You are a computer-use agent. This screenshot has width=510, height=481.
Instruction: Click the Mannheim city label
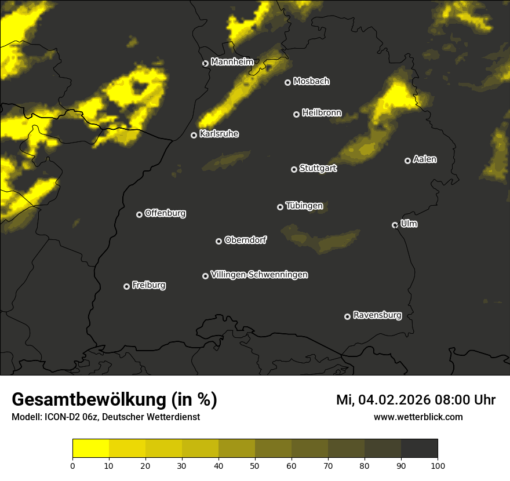click(232, 61)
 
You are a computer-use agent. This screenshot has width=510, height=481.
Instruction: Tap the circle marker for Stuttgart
click(294, 169)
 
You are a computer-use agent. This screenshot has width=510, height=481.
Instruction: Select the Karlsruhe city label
click(218, 134)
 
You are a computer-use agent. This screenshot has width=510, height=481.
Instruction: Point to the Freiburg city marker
click(126, 286)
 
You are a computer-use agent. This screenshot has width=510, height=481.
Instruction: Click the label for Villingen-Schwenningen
click(259, 275)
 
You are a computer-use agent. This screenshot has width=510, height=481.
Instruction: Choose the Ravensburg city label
click(377, 315)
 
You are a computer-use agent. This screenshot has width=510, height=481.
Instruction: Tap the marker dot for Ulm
click(395, 225)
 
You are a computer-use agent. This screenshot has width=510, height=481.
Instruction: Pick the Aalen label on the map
click(424, 159)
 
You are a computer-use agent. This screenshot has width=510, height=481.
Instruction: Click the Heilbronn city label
click(322, 112)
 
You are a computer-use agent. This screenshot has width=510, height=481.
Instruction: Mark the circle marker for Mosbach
click(287, 82)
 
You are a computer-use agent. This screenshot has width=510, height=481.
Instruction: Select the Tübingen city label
click(304, 206)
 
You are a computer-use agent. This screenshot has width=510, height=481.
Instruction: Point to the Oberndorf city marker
click(218, 241)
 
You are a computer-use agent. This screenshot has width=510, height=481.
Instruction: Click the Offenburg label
click(165, 213)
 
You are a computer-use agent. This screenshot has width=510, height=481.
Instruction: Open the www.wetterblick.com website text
click(418, 417)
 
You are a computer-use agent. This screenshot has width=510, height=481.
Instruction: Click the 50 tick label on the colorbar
click(255, 465)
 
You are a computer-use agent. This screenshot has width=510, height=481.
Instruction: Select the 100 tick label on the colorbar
click(437, 465)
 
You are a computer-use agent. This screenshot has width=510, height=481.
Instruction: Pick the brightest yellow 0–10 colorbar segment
click(91, 449)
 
